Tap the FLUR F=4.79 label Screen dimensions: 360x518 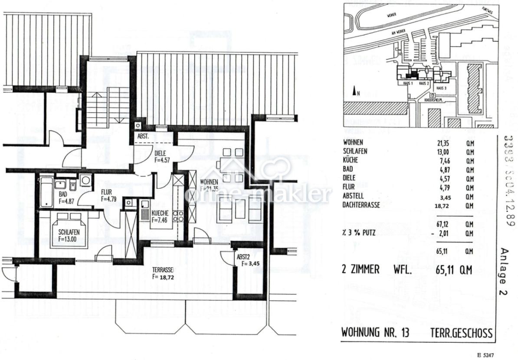[110, 196]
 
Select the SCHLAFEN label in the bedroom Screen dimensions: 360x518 [69, 235]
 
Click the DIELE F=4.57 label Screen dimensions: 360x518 [163, 156]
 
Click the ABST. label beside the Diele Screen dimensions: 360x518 [144, 136]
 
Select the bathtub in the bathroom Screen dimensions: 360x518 [46, 192]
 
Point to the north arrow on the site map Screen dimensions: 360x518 [356, 91]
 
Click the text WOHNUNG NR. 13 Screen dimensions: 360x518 [375, 333]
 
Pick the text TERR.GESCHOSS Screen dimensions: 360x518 [461, 333]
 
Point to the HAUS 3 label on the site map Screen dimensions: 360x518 [442, 88]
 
